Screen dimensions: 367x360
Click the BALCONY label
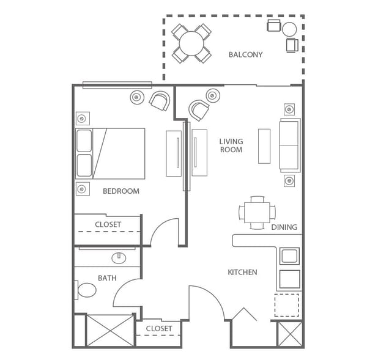(x=245, y=55)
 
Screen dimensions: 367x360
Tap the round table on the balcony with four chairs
(x=191, y=43)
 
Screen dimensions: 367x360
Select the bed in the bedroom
(x=110, y=153)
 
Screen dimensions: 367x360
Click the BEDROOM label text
(x=121, y=191)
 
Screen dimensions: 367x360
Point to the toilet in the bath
(x=86, y=290)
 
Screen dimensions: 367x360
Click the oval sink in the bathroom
(x=119, y=258)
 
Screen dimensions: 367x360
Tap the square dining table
(x=257, y=213)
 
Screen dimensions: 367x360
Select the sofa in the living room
(x=290, y=145)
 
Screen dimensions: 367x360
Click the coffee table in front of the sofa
(x=264, y=146)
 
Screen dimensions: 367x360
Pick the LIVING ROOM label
(x=231, y=145)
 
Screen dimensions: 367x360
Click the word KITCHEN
(x=242, y=272)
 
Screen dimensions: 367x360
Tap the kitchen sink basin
(x=290, y=256)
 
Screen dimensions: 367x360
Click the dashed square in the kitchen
(x=286, y=305)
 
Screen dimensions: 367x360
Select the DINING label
(x=284, y=227)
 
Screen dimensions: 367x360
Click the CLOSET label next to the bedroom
(x=108, y=224)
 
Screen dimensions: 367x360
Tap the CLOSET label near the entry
(x=159, y=329)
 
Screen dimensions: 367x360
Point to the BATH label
(x=107, y=278)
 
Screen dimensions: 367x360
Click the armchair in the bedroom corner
(x=160, y=101)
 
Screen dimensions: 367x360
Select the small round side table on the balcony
(x=289, y=29)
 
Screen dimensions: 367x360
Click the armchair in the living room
(x=199, y=110)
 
